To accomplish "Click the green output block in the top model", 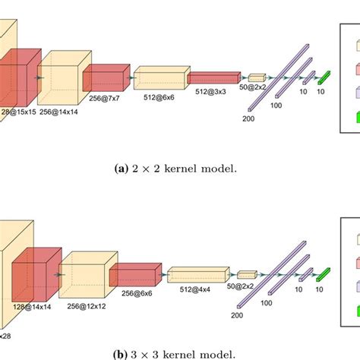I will [x=324, y=75].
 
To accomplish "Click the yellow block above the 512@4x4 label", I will [x=197, y=273].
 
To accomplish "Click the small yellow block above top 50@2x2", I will [x=256, y=77].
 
